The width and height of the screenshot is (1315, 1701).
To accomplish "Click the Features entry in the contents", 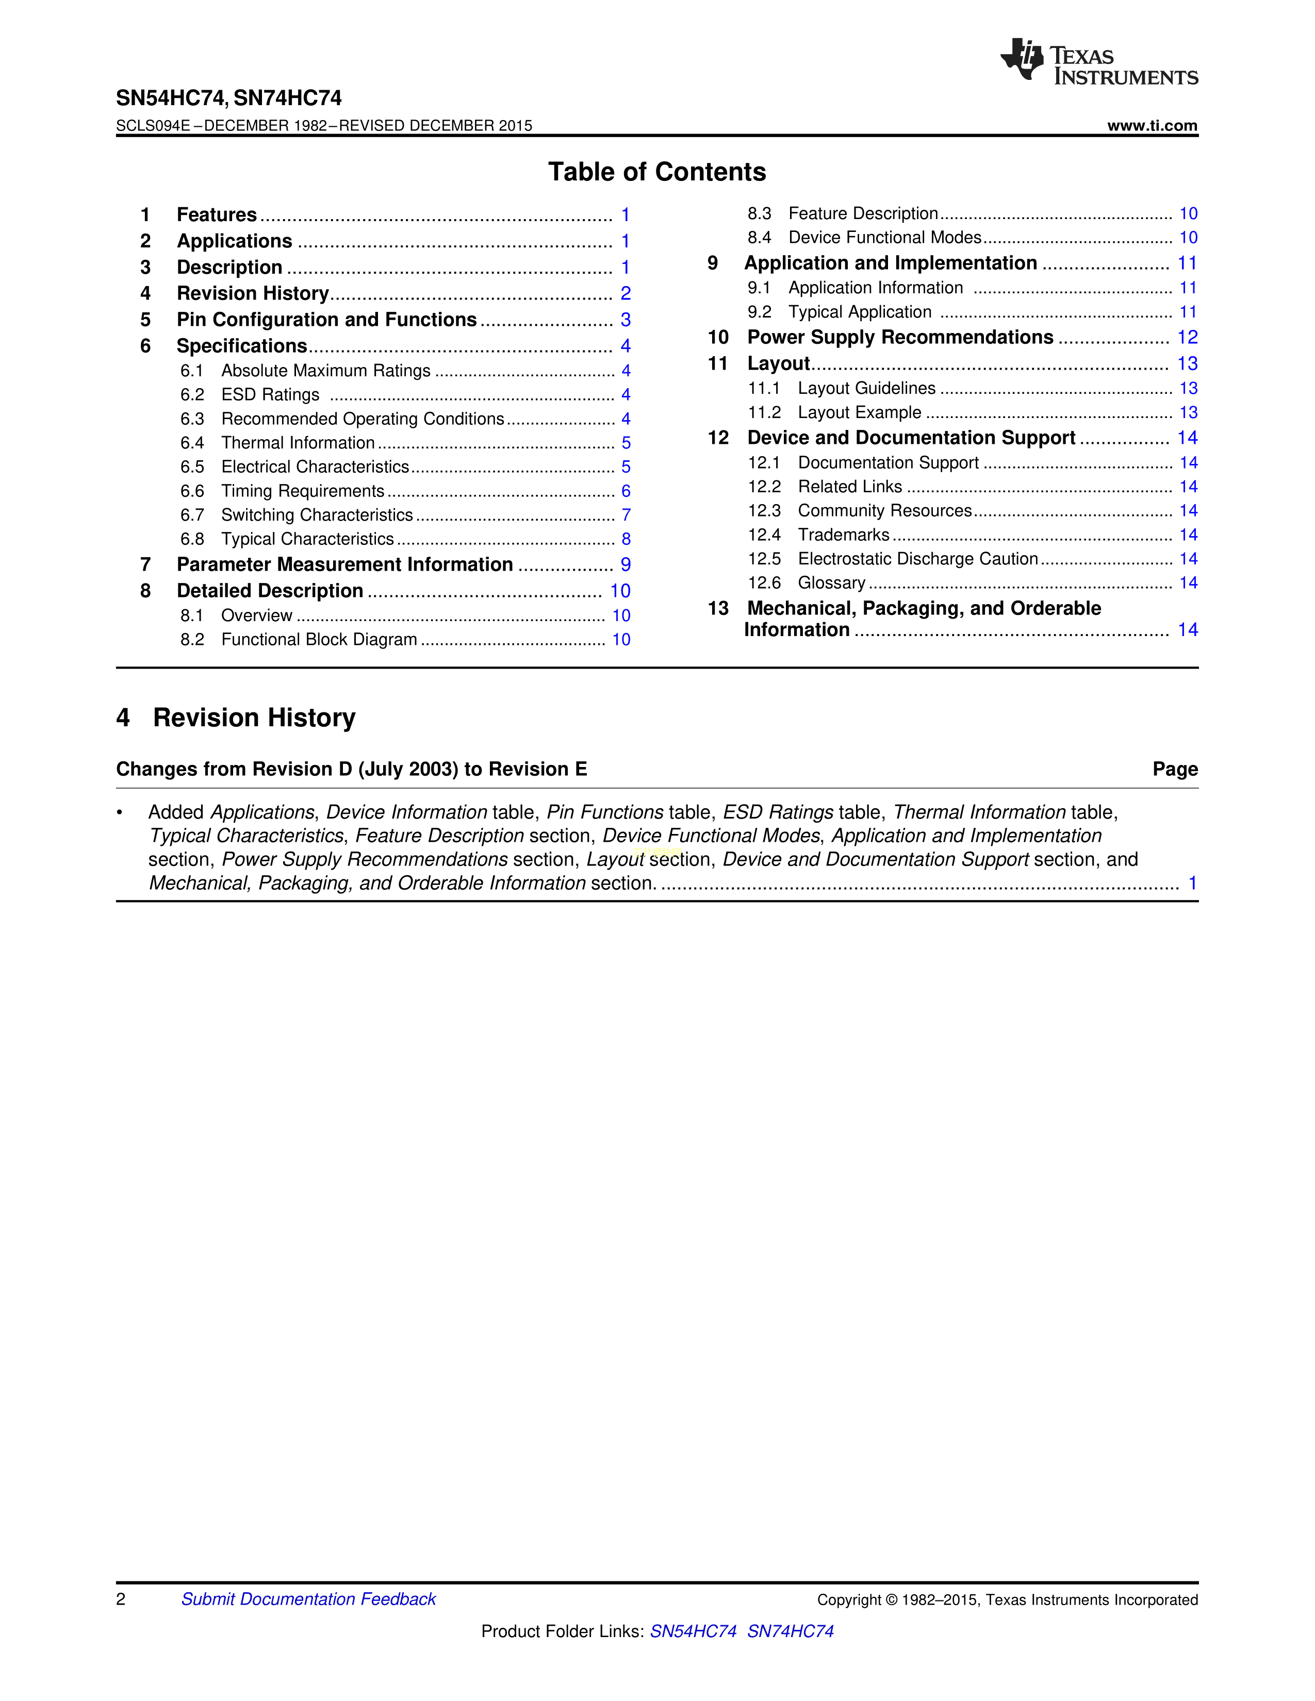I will [x=217, y=215].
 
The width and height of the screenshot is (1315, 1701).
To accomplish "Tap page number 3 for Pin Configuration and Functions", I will [x=626, y=320].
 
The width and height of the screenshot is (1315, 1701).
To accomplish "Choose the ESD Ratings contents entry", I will [x=270, y=395].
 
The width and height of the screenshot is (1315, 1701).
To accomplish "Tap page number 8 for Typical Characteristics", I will [x=626, y=539].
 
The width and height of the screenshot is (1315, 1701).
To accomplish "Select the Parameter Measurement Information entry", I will [x=344, y=564].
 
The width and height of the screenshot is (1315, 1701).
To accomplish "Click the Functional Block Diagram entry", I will [x=319, y=640].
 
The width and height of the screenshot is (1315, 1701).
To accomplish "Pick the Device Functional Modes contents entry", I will [x=884, y=238].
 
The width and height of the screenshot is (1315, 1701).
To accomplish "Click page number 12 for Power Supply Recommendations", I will [x=1187, y=337].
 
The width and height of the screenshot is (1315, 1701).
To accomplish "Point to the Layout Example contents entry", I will [x=859, y=413].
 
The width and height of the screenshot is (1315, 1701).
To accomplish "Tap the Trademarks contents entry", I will [x=843, y=535].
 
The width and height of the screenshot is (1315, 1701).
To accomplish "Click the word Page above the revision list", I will [x=1175, y=770].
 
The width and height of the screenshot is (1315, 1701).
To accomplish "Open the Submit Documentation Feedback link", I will [x=308, y=1599].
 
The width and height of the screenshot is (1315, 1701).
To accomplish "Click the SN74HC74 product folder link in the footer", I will [x=790, y=1631].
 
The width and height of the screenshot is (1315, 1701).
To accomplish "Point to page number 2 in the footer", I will [x=121, y=1599].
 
